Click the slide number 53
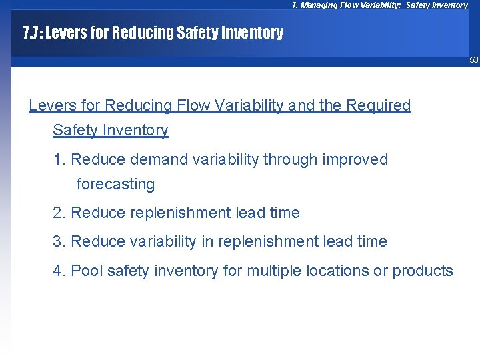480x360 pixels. [x=473, y=60]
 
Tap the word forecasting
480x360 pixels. [x=115, y=184]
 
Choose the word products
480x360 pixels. [x=423, y=271]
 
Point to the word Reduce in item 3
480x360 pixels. [x=93, y=241]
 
